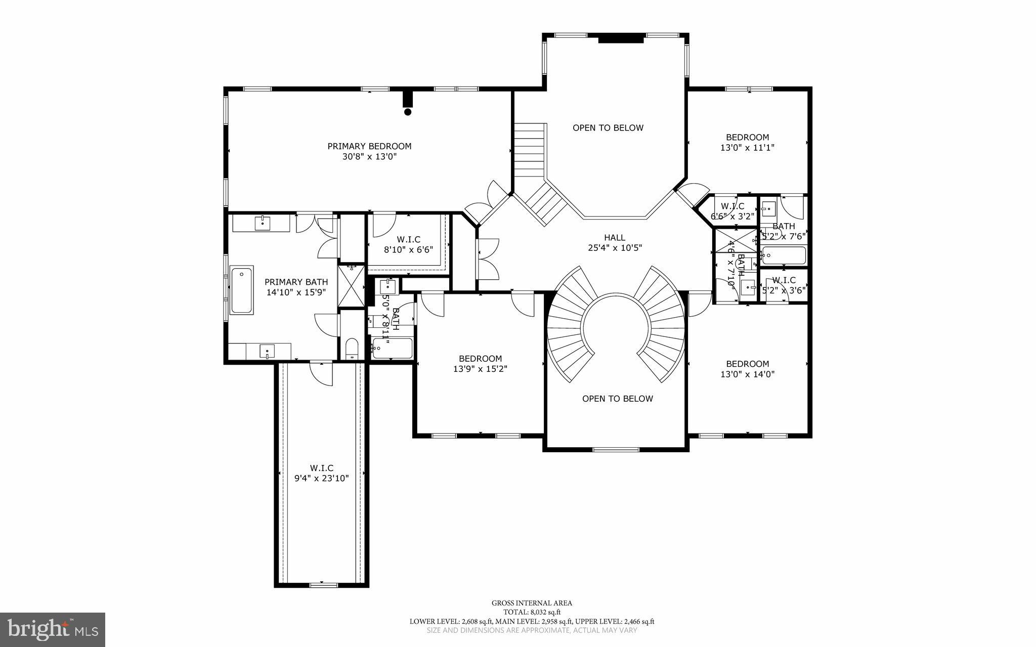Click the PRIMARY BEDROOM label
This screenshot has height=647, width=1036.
pyautogui.click(x=369, y=146)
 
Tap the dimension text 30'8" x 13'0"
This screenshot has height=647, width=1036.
pyautogui.click(x=369, y=157)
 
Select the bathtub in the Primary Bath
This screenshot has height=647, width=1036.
pyautogui.click(x=242, y=291)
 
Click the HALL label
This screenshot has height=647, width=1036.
pyautogui.click(x=615, y=237)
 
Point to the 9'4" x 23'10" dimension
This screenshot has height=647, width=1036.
pyautogui.click(x=322, y=478)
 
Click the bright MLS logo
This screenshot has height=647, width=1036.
pyautogui.click(x=53, y=629)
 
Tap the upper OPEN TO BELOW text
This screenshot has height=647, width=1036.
pyautogui.click(x=608, y=128)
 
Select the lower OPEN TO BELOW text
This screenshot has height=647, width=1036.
pyautogui.click(x=618, y=399)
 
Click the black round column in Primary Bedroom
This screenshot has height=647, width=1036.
pyautogui.click(x=408, y=112)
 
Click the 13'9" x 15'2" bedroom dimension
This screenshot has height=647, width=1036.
pyautogui.click(x=480, y=369)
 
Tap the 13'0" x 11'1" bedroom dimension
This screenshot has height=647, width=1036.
pyautogui.click(x=748, y=148)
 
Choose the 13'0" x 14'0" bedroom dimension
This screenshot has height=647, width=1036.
pyautogui.click(x=748, y=374)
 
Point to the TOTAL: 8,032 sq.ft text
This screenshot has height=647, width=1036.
pyautogui.click(x=532, y=612)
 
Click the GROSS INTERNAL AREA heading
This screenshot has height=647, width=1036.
pyautogui.click(x=532, y=603)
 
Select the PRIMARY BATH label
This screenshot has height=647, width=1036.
pyautogui.click(x=296, y=282)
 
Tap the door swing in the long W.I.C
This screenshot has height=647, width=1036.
pyautogui.click(x=322, y=374)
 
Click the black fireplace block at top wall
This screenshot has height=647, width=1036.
pyautogui.click(x=622, y=39)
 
